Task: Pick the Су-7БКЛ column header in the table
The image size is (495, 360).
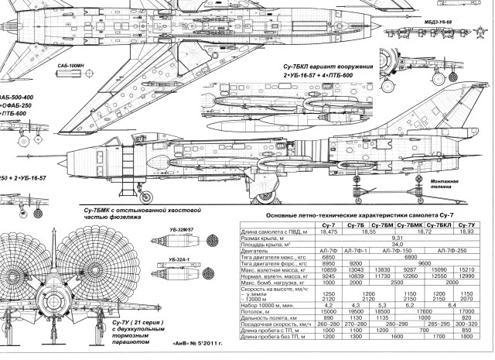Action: [x=438, y=225]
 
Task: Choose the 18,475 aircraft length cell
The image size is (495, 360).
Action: [x=329, y=231]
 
